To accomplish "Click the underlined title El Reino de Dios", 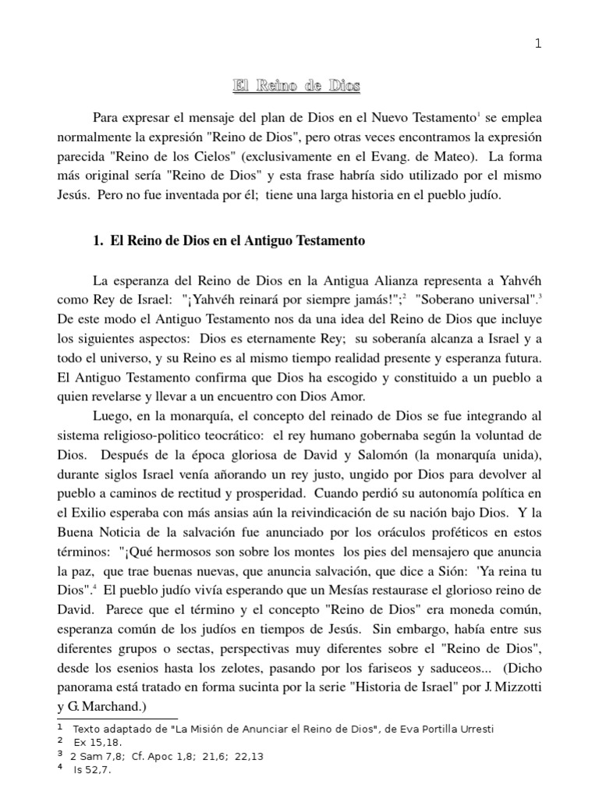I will (x=298, y=86).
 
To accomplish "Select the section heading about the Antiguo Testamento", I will (x=229, y=241).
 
